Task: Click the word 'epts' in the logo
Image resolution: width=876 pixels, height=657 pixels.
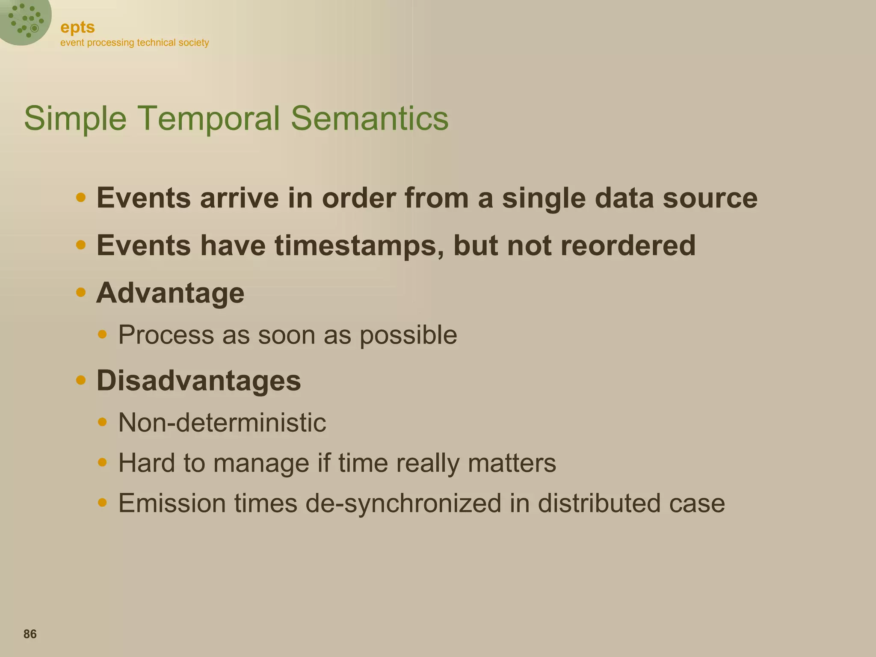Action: click(x=77, y=27)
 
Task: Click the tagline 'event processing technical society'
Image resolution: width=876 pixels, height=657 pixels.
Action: click(x=134, y=43)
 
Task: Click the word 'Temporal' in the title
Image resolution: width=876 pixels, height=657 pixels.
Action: click(x=208, y=118)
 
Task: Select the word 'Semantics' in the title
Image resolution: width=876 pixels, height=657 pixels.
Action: click(x=370, y=118)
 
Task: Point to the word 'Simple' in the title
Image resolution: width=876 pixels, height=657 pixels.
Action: click(x=75, y=119)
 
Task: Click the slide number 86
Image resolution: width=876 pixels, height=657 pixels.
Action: click(x=30, y=634)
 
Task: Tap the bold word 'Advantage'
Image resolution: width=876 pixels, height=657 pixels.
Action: click(x=170, y=293)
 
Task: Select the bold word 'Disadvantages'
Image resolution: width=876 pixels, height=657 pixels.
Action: click(x=198, y=381)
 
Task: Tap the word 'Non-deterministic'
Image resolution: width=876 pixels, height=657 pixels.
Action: click(x=222, y=423)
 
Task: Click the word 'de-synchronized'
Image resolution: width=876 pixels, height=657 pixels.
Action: click(x=403, y=503)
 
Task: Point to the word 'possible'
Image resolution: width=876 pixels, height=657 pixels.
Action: click(x=408, y=335)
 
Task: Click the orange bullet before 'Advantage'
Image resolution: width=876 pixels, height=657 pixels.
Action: click(x=80, y=293)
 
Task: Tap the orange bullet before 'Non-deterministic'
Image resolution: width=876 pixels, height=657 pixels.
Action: click(x=102, y=422)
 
